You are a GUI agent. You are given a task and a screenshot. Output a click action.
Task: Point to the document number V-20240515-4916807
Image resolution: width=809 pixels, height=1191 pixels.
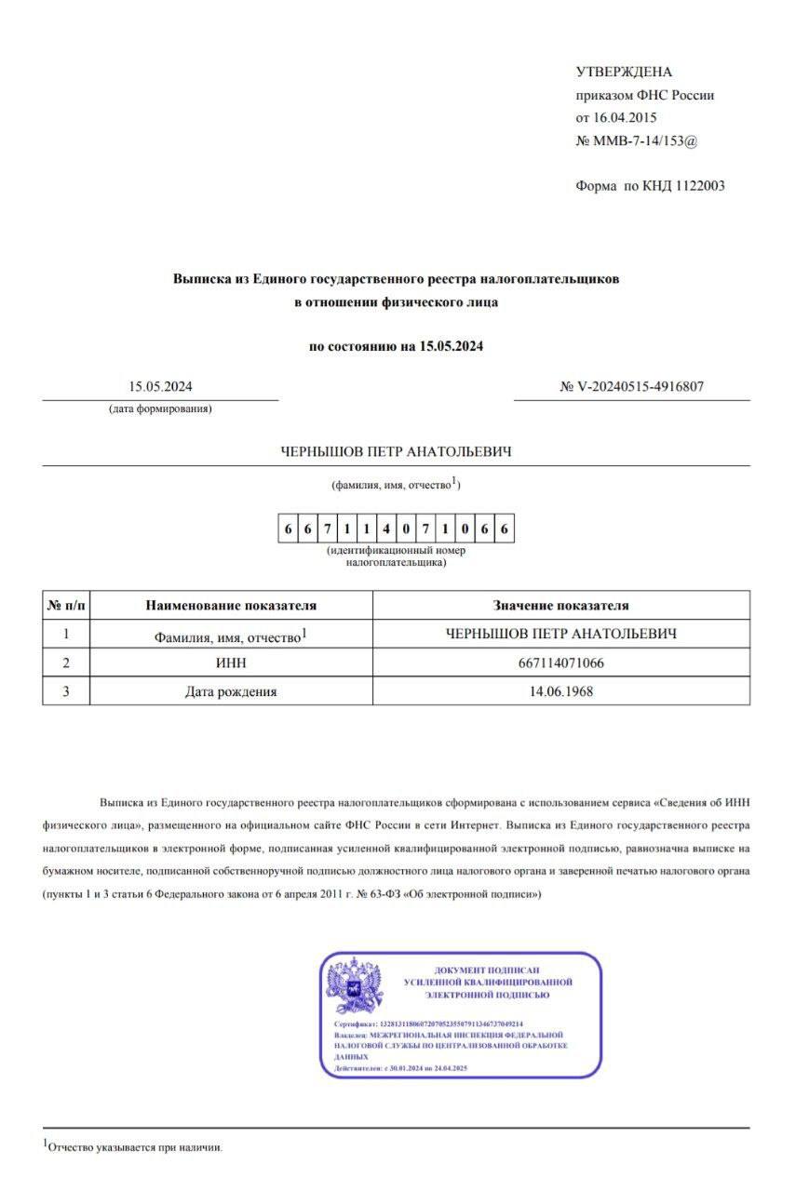pos(639,387)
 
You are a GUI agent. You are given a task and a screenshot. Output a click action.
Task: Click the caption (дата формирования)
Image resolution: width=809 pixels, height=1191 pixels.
pos(160,409)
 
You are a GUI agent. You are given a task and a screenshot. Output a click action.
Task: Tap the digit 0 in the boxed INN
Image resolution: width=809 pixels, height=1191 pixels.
pos(408,529)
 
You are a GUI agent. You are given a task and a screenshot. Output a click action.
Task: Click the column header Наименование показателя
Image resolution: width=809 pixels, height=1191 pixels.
pos(231,605)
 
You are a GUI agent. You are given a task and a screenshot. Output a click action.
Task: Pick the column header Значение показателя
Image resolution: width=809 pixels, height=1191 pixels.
pos(560,605)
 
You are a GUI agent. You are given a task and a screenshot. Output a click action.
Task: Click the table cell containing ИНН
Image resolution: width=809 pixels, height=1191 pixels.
pos(231,662)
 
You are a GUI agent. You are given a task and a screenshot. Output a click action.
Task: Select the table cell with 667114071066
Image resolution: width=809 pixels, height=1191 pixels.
pos(560,662)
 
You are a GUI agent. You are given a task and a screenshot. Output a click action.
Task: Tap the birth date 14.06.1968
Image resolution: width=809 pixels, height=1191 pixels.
pos(560,691)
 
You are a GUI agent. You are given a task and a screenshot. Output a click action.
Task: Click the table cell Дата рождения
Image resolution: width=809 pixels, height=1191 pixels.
pos(231,691)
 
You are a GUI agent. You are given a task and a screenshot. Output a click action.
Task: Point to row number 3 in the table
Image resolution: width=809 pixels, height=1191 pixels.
pos(66,691)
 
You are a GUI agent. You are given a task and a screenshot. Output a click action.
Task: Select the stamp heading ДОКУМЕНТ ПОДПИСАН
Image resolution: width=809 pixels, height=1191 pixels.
pos(488,970)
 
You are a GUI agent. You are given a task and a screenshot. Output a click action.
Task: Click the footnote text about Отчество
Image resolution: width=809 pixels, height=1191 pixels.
pos(136,1147)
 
